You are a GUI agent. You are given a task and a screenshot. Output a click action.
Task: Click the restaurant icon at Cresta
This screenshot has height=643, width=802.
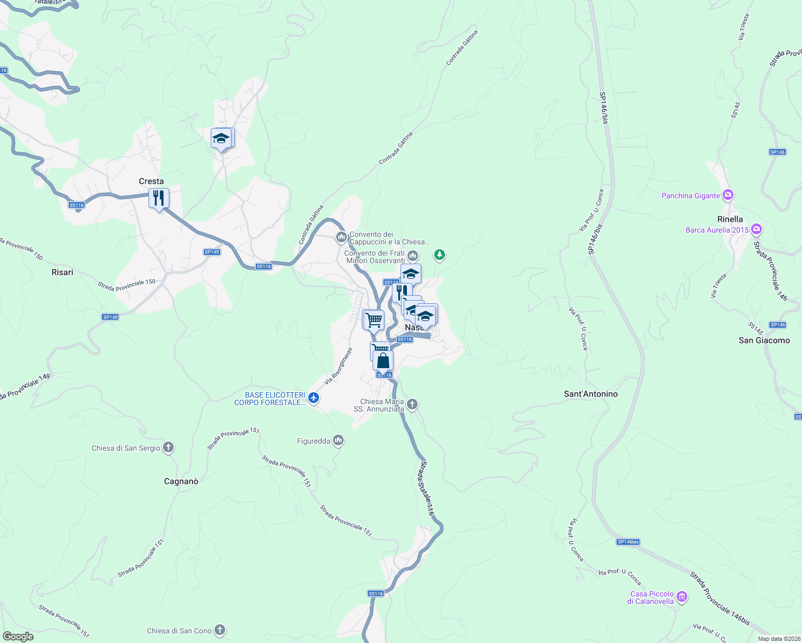[159, 198]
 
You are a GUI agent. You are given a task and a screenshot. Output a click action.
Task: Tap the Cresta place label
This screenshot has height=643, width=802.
[151, 181]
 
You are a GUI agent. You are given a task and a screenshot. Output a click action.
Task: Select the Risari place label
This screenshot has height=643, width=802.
[62, 272]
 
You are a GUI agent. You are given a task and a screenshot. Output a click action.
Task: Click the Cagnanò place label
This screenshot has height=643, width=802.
[181, 481]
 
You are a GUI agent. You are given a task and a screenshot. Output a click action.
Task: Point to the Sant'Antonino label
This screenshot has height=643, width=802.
[591, 394]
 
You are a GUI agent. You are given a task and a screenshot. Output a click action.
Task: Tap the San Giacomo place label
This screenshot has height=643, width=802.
[764, 340]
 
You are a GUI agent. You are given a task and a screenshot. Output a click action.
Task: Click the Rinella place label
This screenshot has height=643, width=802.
[730, 219]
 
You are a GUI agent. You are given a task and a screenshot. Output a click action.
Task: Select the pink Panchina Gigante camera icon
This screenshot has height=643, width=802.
[727, 195]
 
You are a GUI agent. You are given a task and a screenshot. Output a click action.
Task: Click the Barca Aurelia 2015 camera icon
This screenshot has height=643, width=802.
[756, 229]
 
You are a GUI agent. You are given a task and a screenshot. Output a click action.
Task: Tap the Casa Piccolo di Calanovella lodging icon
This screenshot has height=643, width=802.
[682, 596]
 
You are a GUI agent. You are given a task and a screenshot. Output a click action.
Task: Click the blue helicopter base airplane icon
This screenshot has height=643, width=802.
[314, 398]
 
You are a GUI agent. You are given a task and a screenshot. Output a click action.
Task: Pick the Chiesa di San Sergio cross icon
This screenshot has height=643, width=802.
[168, 447]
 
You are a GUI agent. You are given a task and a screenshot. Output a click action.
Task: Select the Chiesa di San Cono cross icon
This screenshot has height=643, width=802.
[219, 630]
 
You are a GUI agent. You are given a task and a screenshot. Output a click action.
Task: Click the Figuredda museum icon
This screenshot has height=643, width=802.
[338, 440]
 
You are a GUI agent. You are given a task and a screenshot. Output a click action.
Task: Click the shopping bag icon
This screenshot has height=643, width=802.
[383, 361]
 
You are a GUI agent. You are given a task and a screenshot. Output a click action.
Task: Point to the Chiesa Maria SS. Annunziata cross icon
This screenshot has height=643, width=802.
[412, 404]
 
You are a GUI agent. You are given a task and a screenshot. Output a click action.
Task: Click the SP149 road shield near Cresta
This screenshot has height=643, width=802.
[212, 252]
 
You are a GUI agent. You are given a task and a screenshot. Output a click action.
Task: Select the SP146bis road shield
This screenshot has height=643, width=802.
[628, 542]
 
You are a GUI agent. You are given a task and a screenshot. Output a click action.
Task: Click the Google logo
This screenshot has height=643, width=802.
[18, 637]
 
